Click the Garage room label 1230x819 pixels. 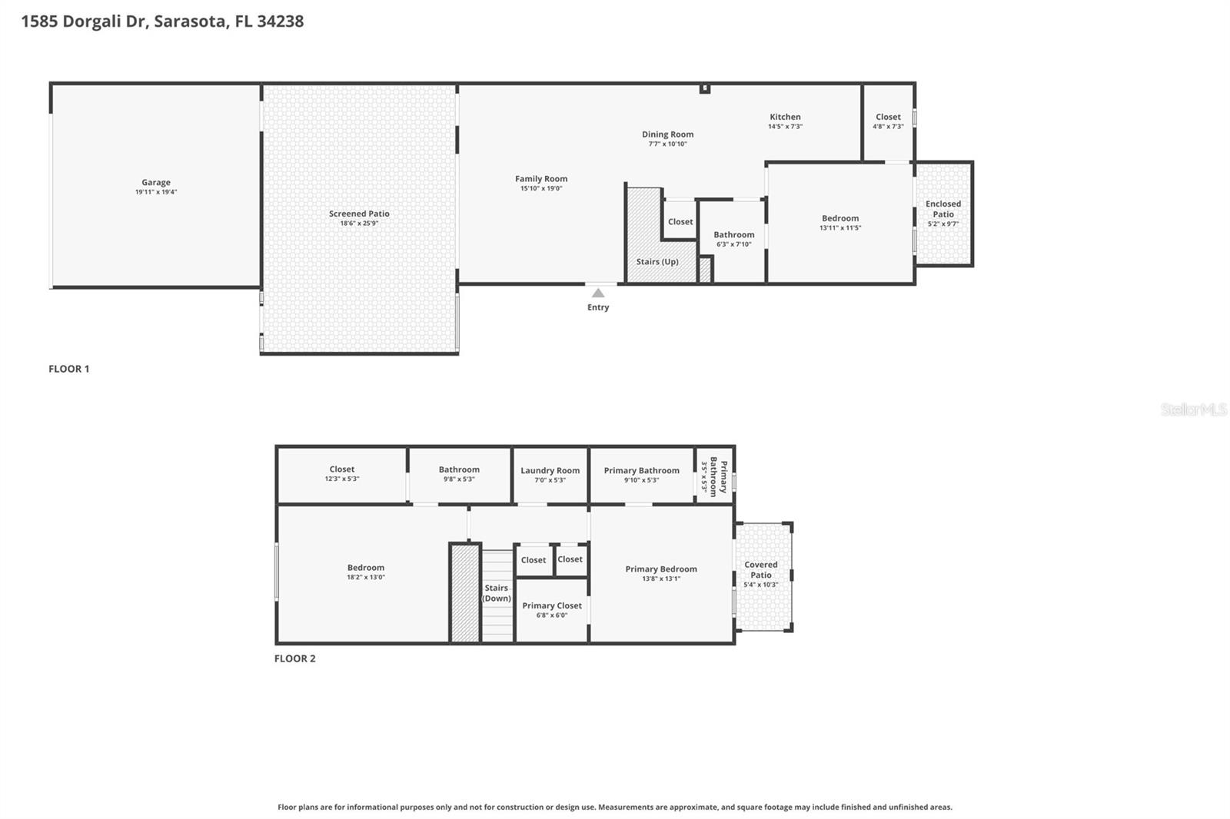point(155,183)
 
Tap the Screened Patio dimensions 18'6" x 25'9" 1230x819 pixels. point(359,224)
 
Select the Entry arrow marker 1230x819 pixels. point(598,293)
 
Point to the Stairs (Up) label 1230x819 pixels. point(657,262)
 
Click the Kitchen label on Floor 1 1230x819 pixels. point(785,117)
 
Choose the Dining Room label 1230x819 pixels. point(667,134)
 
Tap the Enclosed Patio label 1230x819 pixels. point(943,209)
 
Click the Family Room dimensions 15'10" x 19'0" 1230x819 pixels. point(541,188)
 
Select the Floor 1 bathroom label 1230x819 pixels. point(733,235)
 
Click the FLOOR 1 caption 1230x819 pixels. point(69,369)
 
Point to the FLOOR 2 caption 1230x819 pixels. point(295,658)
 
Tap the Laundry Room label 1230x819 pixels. point(550,470)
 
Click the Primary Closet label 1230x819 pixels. point(552,605)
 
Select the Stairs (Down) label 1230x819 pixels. point(497,593)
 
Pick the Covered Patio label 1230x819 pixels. point(761,569)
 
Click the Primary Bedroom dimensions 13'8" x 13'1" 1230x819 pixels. point(661,579)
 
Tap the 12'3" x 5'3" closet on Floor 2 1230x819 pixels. point(342,473)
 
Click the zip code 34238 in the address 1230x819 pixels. point(281,22)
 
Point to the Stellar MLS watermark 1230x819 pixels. point(1193,409)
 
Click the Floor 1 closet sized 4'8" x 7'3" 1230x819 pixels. point(888,121)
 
